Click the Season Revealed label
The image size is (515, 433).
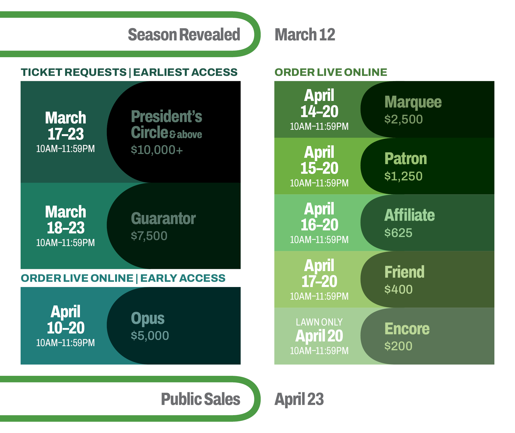[184, 35]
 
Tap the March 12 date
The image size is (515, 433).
[305, 35]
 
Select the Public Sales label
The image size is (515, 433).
[201, 399]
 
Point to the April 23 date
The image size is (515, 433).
[299, 399]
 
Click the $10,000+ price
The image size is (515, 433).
[157, 150]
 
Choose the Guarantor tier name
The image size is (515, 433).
[163, 219]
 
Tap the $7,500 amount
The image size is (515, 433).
[149, 236]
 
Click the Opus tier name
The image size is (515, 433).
[147, 319]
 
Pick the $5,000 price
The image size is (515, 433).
[150, 335]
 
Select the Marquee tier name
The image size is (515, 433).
[413, 102]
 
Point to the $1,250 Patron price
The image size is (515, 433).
[403, 176]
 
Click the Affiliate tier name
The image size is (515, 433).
[410, 215]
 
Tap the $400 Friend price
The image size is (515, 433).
[398, 289]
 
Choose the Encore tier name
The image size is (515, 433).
[407, 329]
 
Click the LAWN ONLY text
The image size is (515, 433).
[319, 322]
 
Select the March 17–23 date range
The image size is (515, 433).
[66, 126]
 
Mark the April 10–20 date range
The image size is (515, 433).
[66, 320]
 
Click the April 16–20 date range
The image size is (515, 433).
[319, 217]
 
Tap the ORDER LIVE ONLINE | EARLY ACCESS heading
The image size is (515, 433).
[123, 278]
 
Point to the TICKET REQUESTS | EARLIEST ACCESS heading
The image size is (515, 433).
[129, 72]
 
